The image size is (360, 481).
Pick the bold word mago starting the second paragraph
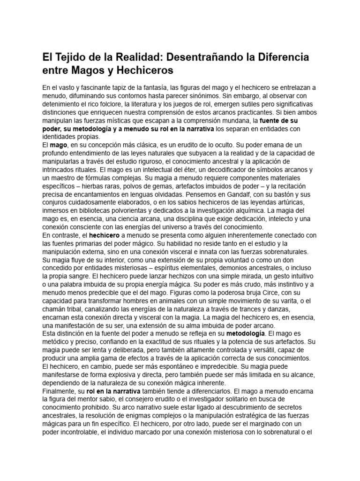pyautogui.click(x=59, y=146)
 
